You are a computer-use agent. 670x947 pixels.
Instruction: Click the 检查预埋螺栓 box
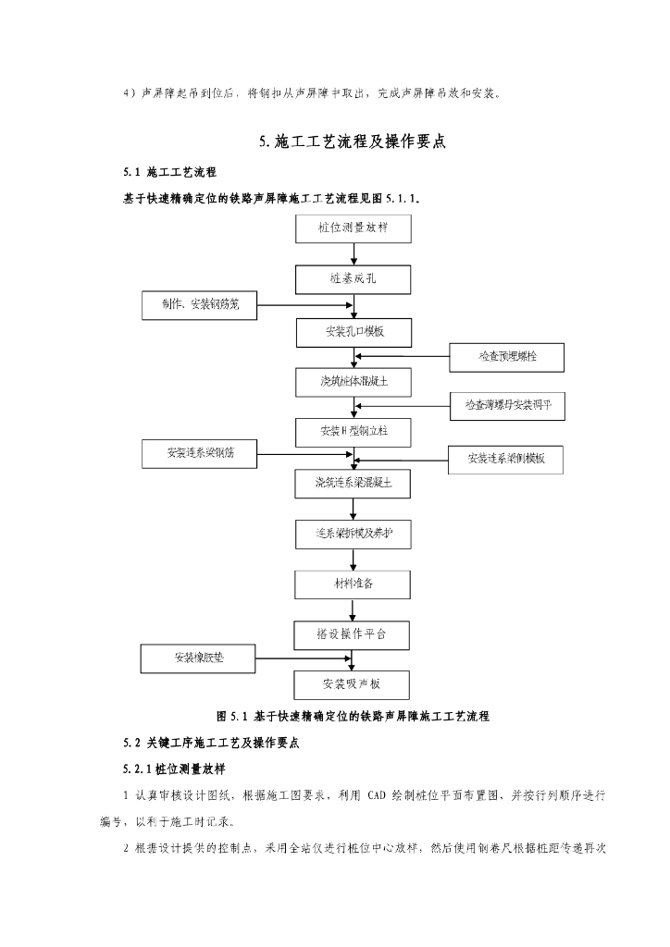pos(506,356)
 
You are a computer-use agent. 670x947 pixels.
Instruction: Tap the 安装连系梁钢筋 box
pos(201,453)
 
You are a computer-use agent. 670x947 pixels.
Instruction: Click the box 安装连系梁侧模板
pos(506,458)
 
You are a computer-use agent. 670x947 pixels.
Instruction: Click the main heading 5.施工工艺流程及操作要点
pos(354,141)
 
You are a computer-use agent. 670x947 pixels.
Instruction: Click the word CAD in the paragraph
pos(380,794)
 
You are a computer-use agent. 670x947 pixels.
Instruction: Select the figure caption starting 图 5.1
pos(353,716)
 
